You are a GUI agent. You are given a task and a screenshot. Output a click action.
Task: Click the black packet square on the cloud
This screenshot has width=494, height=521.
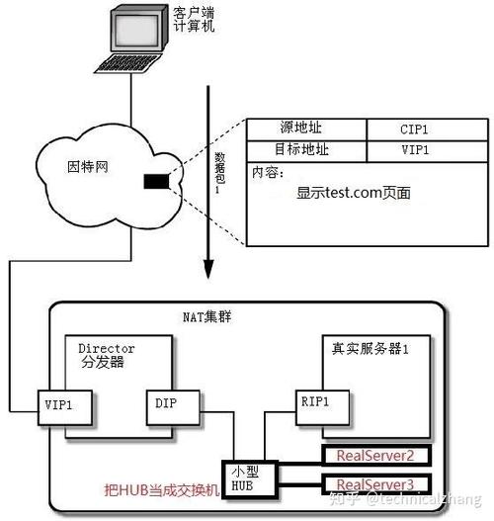pyautogui.click(x=156, y=181)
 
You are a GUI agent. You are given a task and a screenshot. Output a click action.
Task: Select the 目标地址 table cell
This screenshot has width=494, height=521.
pyautogui.click(x=305, y=150)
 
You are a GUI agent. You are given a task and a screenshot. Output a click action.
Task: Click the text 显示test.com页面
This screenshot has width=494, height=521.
pyautogui.click(x=353, y=193)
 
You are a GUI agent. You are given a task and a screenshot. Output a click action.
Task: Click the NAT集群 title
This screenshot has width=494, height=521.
pyautogui.click(x=206, y=317)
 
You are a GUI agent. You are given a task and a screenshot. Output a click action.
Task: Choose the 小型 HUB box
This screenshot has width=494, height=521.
pyautogui.click(x=242, y=477)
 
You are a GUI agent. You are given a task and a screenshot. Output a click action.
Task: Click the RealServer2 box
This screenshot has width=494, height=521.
pyautogui.click(x=374, y=456)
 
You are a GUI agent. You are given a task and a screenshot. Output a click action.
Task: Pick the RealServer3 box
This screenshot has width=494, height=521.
pyautogui.click(x=374, y=483)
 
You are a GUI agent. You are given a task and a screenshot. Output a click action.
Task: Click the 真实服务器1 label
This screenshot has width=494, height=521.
pyautogui.click(x=370, y=349)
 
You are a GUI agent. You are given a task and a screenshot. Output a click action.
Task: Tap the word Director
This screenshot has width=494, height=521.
pyautogui.click(x=106, y=349)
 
